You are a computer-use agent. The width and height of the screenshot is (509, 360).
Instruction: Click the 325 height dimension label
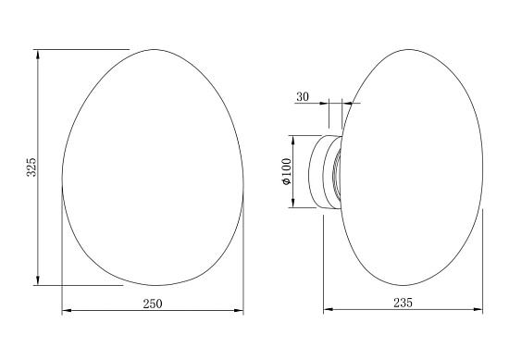point(31,168)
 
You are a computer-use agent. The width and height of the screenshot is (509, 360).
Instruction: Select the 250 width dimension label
point(153,304)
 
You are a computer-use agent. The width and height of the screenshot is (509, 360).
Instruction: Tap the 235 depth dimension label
point(403,303)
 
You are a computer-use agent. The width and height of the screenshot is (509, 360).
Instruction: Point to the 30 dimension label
point(303,97)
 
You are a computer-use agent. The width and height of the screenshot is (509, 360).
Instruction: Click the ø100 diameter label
point(287,172)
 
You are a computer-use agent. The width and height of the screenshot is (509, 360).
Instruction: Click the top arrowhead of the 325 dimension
point(38,54)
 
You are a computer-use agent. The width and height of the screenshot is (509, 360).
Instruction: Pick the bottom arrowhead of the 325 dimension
point(38,280)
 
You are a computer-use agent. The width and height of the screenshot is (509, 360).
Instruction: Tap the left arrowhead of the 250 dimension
point(67,311)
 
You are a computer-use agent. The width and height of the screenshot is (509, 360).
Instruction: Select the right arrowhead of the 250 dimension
point(239,311)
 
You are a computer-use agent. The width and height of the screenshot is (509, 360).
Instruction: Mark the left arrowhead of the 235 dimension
point(329,309)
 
